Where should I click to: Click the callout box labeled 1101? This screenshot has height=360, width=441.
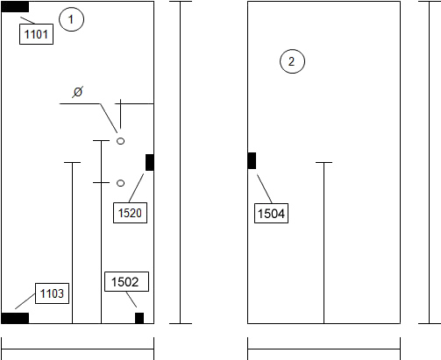pyautogui.click(x=36, y=34)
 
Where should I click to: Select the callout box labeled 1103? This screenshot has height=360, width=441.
pyautogui.click(x=52, y=293)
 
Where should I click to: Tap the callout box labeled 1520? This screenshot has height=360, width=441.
pyautogui.click(x=130, y=213)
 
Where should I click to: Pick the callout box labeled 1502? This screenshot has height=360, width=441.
pyautogui.click(x=126, y=282)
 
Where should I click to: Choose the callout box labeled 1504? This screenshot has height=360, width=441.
pyautogui.click(x=271, y=214)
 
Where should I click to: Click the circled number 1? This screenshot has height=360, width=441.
pyautogui.click(x=71, y=19)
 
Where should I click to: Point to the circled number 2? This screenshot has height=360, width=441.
pyautogui.click(x=292, y=61)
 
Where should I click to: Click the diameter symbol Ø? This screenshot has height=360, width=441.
pyautogui.click(x=78, y=92)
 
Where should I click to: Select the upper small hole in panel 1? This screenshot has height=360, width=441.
pyautogui.click(x=120, y=141)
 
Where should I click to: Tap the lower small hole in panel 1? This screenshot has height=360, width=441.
pyautogui.click(x=120, y=183)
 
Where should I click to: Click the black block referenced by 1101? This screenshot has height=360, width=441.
pyautogui.click(x=15, y=7)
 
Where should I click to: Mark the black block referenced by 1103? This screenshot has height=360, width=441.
pyautogui.click(x=15, y=318)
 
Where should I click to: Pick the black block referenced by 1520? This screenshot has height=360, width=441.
pyautogui.click(x=150, y=162)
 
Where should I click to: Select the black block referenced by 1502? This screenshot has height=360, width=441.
pyautogui.click(x=139, y=318)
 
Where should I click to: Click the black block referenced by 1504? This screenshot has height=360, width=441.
pyautogui.click(x=252, y=160)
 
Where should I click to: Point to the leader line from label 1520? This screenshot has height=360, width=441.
pyautogui.click(x=136, y=188)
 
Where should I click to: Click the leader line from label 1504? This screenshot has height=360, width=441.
pyautogui.click(x=265, y=189)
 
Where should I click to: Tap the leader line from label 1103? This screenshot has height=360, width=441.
pyautogui.click(x=25, y=301)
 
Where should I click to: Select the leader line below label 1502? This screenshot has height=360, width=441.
pyautogui.click(x=132, y=300)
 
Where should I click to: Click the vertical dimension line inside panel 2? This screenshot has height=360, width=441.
pyautogui.click(x=324, y=243)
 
